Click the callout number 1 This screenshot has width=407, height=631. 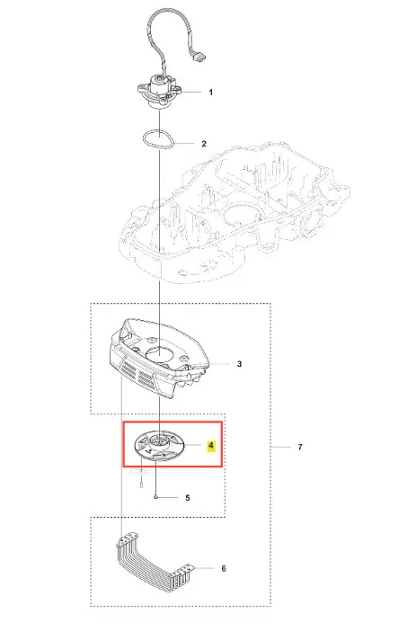[211, 93]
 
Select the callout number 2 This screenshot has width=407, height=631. [204, 144]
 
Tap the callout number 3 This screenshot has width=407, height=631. [239, 364]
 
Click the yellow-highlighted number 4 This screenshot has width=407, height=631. [211, 446]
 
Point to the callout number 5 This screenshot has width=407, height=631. [188, 498]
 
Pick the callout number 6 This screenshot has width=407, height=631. [224, 568]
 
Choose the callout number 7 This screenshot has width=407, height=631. [300, 447]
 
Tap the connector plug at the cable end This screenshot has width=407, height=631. [199, 58]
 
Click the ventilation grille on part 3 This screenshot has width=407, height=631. [137, 373]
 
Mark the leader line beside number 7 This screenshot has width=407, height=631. [280, 447]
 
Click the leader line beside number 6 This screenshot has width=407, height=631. [204, 568]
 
